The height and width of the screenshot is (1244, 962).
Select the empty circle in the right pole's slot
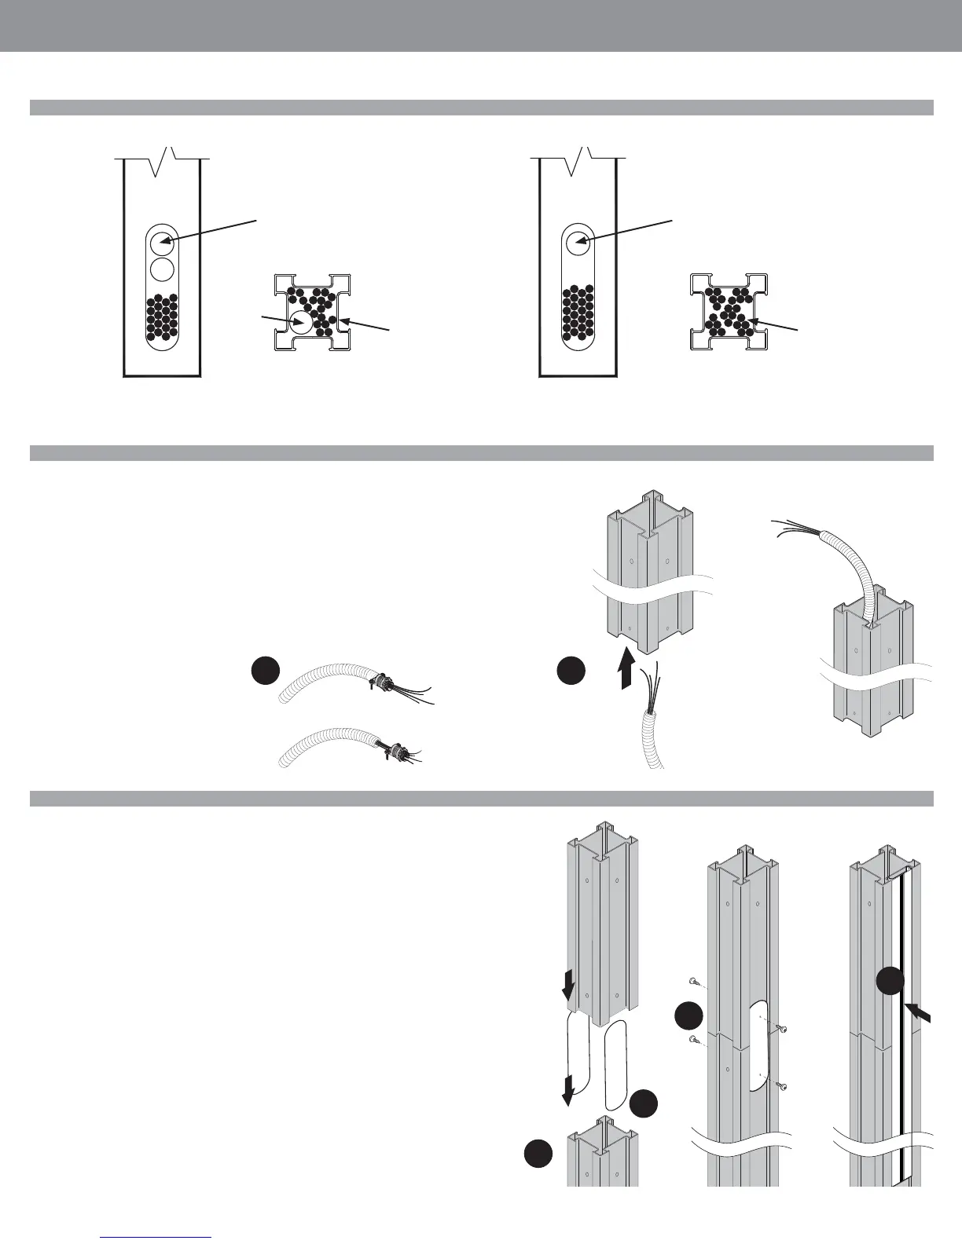coord(578,243)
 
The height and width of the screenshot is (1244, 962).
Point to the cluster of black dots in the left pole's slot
coord(162,316)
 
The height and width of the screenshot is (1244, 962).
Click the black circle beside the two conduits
coord(266,671)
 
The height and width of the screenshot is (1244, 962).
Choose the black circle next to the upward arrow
coord(571,671)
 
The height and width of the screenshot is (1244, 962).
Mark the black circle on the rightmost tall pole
coord(890,982)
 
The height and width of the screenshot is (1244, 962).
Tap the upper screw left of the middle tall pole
coord(693,982)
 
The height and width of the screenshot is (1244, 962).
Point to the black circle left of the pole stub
coord(538,1154)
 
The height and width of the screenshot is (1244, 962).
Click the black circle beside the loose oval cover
coord(644,1103)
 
